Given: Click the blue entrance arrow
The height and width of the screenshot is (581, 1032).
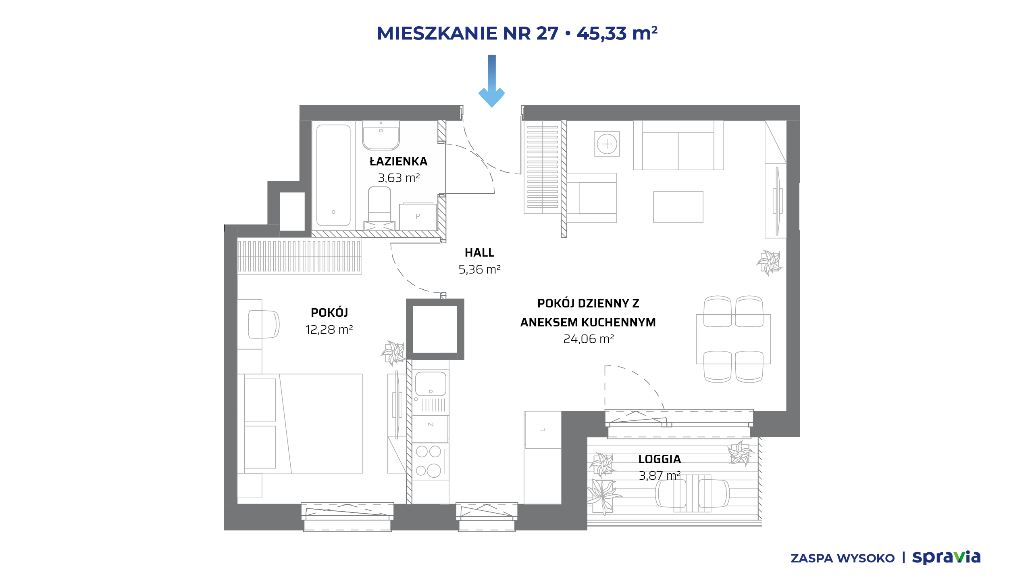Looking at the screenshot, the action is click(x=491, y=81).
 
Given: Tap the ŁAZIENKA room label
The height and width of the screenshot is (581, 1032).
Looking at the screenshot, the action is click(x=398, y=161).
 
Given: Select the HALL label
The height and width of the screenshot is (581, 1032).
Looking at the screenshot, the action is click(x=479, y=253).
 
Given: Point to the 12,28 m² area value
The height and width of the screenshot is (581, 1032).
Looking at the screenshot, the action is click(x=329, y=330).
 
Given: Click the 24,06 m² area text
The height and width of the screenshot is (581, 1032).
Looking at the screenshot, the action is click(x=588, y=339).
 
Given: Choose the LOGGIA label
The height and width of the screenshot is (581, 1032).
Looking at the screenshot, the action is click(x=660, y=459).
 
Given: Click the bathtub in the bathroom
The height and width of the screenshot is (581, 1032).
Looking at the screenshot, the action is click(x=333, y=175).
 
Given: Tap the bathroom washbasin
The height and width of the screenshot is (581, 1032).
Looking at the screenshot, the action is click(x=381, y=135).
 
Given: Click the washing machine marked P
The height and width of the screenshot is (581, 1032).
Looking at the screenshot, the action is click(x=418, y=217).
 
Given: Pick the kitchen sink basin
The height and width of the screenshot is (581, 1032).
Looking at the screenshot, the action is click(x=431, y=384).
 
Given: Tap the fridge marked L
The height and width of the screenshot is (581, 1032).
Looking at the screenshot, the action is click(x=543, y=430).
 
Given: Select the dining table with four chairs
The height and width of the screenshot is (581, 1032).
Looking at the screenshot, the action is click(x=733, y=339).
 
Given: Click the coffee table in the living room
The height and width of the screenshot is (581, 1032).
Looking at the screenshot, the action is click(x=678, y=207).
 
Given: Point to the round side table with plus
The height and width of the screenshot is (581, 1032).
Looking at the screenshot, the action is click(x=607, y=144).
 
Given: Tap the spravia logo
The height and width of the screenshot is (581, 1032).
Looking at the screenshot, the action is click(x=946, y=557).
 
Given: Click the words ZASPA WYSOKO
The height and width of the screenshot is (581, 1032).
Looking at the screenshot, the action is click(x=843, y=558).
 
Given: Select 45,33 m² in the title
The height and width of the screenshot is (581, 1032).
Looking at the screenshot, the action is click(x=617, y=33).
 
